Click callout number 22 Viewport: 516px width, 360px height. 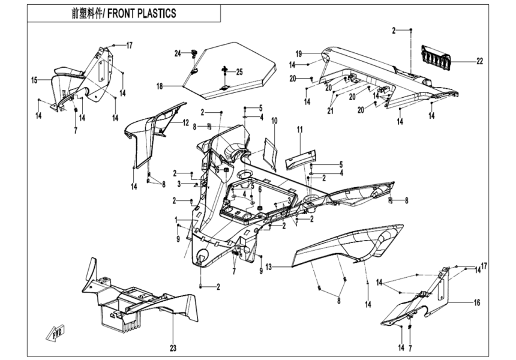pos(480,61)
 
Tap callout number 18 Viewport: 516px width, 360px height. pos(160,86)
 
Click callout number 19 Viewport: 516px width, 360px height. pos(298,53)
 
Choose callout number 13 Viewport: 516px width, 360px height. pos(269,266)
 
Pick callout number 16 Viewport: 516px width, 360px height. pos(477,303)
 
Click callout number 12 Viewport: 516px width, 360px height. pos(186,122)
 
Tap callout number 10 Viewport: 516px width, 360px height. pos(274,121)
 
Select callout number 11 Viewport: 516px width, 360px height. pos(300,129)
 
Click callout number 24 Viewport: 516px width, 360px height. pos(178,54)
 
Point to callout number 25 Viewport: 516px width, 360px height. pos(239,72)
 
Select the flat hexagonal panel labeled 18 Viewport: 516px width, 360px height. pos(228,66)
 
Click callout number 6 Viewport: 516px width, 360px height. pos(260,189)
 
